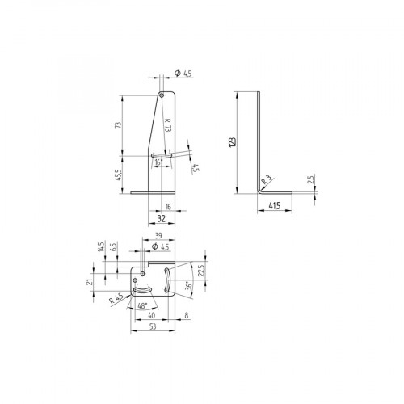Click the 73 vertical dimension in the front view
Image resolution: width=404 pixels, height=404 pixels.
119,125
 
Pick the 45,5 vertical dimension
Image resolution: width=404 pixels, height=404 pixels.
119,173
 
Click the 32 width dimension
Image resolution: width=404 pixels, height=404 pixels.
162,218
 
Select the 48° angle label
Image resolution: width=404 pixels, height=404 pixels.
143,306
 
